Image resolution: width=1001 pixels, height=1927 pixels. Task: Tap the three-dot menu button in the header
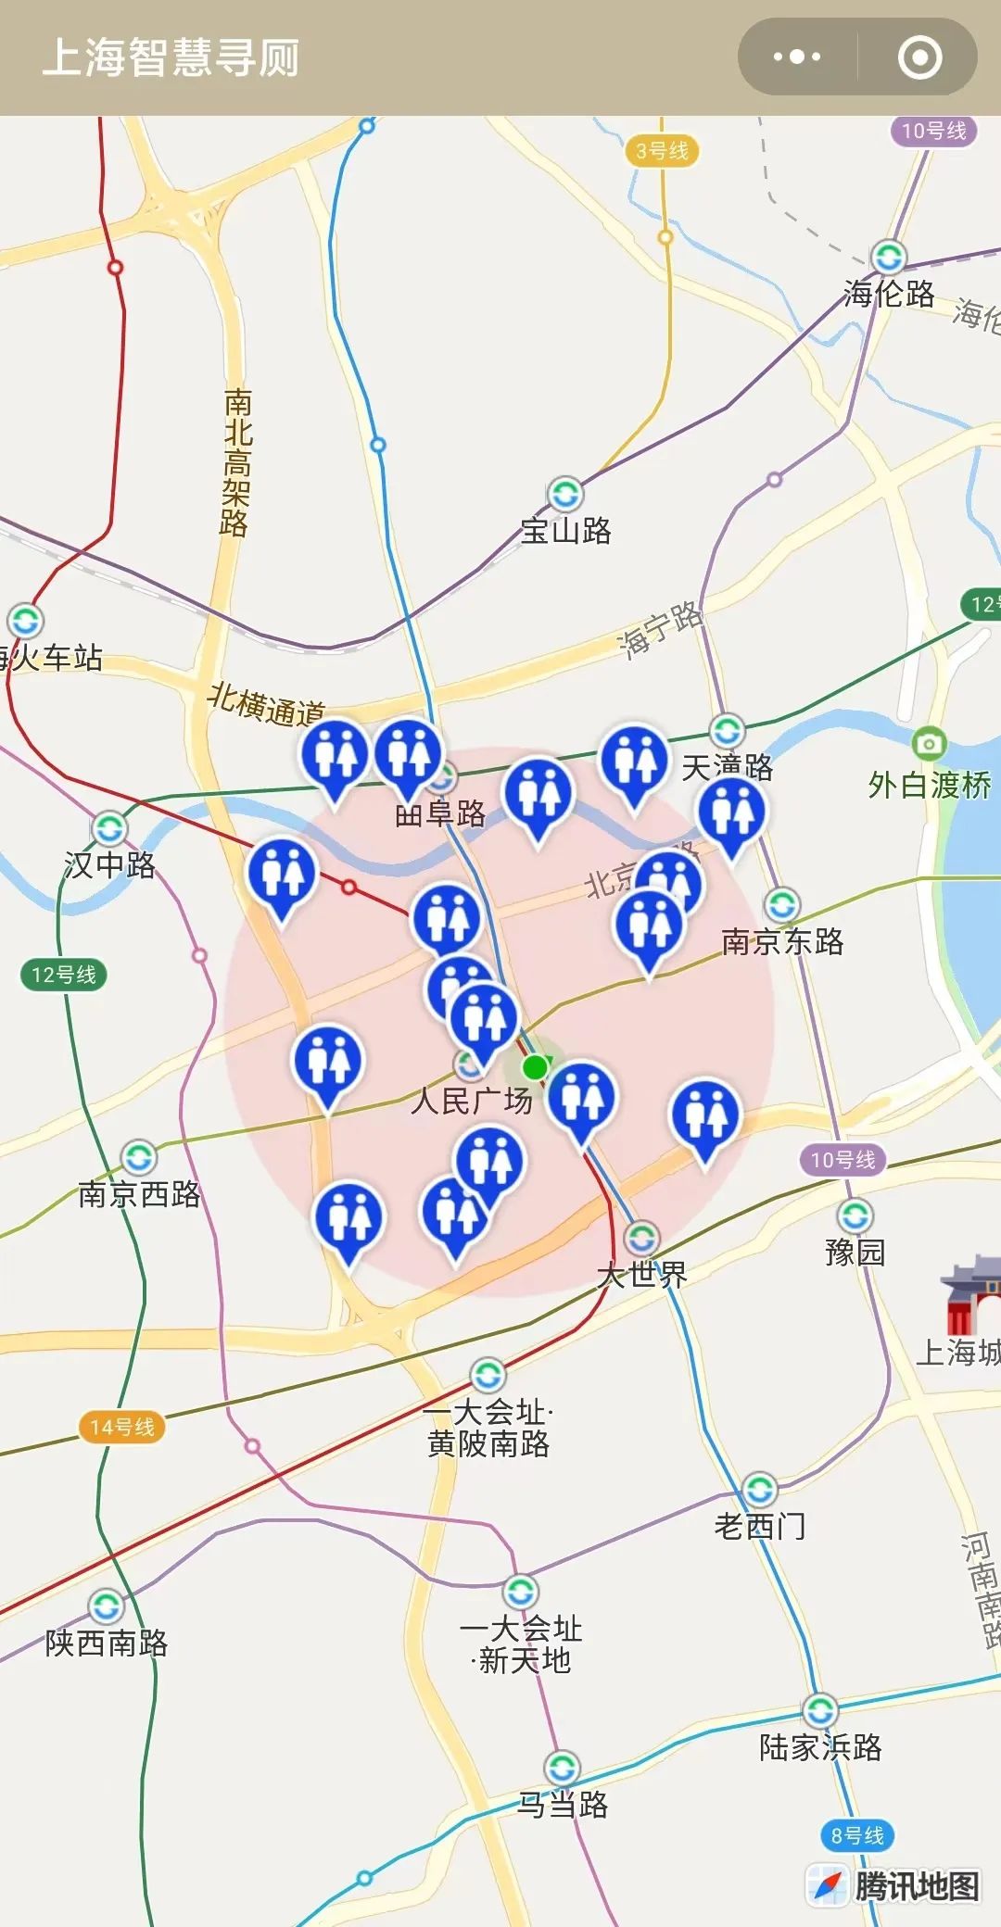click(796, 57)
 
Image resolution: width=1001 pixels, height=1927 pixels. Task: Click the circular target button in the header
click(919, 57)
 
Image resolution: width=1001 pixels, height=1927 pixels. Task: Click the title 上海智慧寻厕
click(171, 57)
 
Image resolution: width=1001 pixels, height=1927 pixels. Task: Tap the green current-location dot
click(535, 1067)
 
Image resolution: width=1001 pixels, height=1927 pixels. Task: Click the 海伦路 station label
click(889, 294)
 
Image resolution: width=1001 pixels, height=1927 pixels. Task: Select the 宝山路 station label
click(565, 531)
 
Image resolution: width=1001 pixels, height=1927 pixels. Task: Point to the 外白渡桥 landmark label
click(930, 786)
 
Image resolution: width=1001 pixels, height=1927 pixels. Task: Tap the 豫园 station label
click(855, 1253)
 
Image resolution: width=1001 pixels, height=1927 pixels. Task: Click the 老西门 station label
click(760, 1526)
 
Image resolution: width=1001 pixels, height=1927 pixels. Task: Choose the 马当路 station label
click(563, 1805)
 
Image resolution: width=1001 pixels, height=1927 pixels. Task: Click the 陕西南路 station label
click(107, 1644)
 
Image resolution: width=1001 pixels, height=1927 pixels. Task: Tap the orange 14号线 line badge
click(121, 1427)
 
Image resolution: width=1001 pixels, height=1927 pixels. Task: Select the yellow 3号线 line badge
click(662, 151)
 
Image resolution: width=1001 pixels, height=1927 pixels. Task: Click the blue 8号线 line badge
click(856, 1835)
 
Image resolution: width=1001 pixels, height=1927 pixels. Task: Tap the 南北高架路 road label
click(237, 463)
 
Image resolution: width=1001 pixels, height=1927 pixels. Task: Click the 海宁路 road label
click(660, 631)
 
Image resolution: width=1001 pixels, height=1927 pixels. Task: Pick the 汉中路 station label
click(109, 865)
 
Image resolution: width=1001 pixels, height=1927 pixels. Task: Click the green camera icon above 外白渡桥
click(929, 743)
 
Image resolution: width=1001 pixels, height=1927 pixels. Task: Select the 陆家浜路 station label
click(820, 1747)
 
